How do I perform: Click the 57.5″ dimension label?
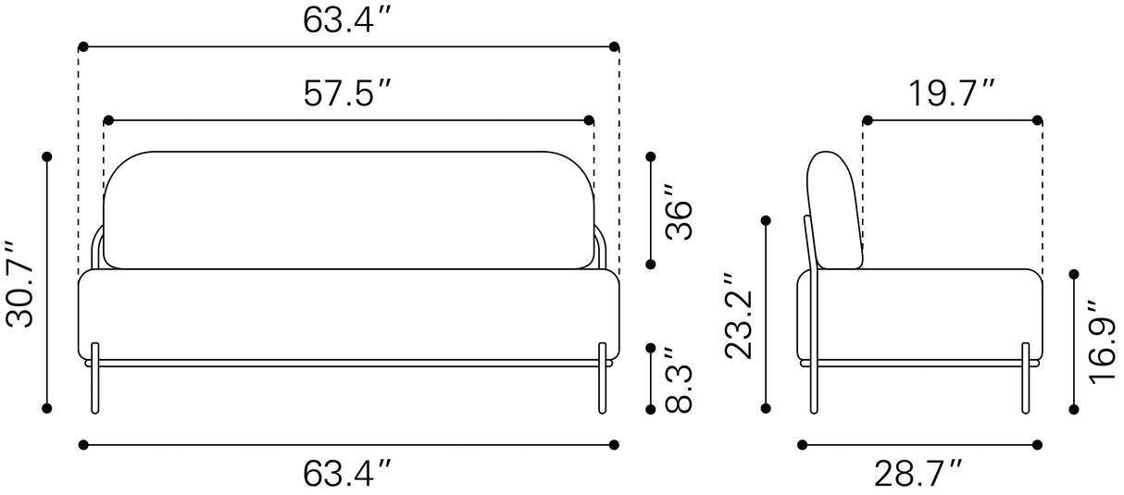click(346, 93)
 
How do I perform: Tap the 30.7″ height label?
click(20, 285)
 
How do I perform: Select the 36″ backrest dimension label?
click(679, 213)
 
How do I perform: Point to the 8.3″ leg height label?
click(679, 379)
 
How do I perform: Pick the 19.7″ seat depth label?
click(952, 93)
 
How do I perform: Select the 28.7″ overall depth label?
click(918, 474)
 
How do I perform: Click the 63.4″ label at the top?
click(346, 20)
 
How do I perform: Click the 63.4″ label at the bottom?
click(346, 474)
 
